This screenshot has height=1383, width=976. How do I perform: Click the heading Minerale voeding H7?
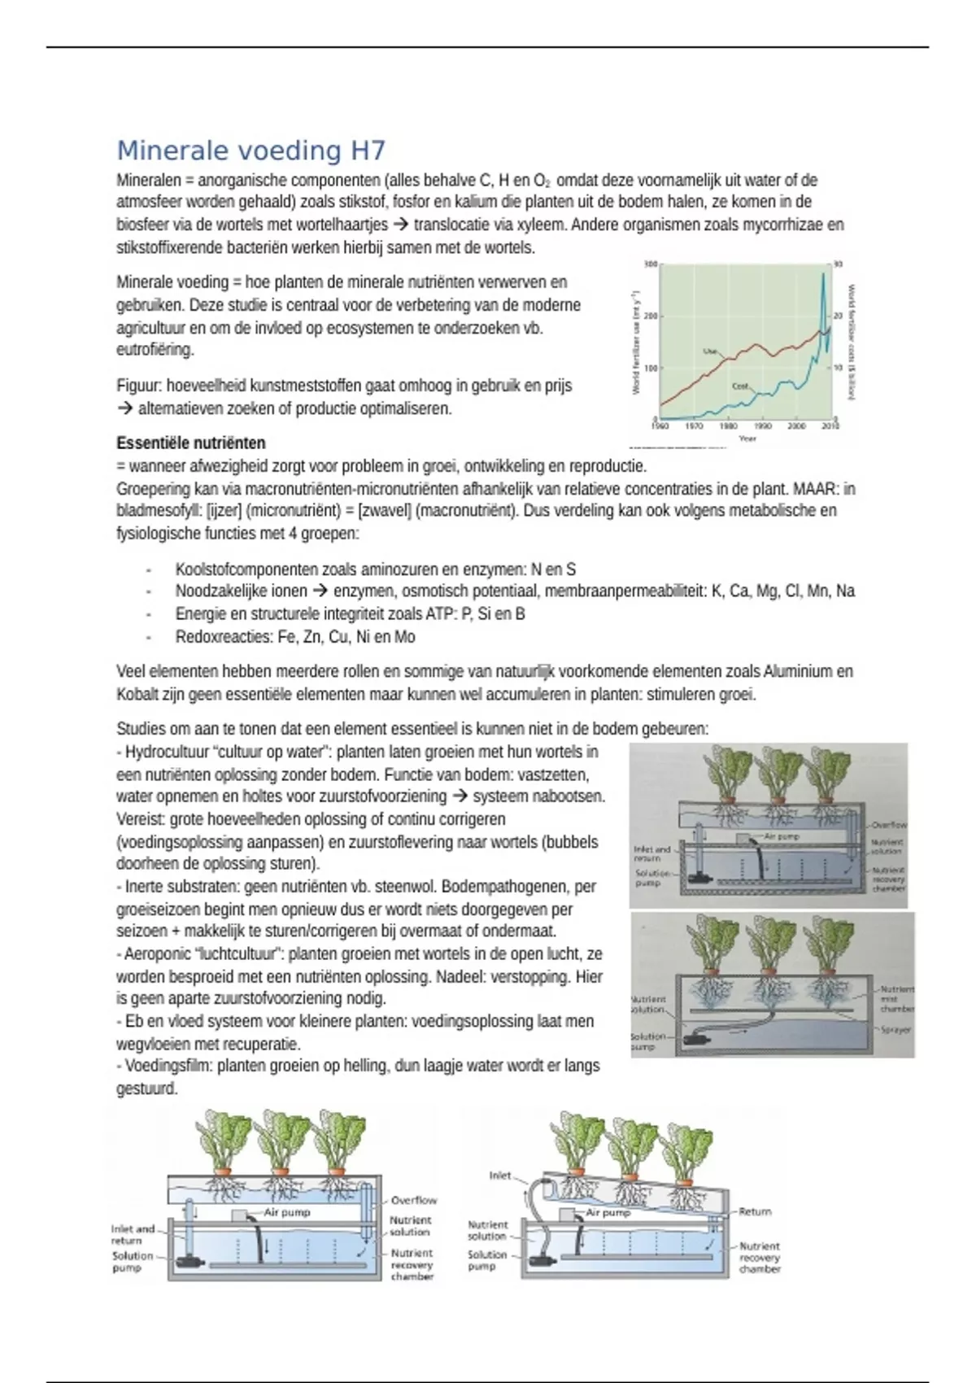(x=251, y=151)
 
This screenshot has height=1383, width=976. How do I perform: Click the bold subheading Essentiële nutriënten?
(x=191, y=443)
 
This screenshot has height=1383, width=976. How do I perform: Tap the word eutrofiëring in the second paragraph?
(x=155, y=350)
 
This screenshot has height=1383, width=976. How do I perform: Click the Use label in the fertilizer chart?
(x=710, y=351)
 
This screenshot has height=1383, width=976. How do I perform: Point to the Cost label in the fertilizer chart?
(x=740, y=386)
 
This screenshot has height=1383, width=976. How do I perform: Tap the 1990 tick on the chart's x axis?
(x=763, y=425)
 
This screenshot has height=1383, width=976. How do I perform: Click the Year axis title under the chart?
(x=747, y=438)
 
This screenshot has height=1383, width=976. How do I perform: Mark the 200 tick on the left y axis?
(x=650, y=316)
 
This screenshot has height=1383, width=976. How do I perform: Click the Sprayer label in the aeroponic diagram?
(x=896, y=1030)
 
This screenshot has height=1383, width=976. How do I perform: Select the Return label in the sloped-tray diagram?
(x=755, y=1211)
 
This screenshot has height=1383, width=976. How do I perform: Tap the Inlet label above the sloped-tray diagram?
(x=500, y=1176)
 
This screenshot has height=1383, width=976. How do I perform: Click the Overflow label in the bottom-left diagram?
(x=413, y=1200)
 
